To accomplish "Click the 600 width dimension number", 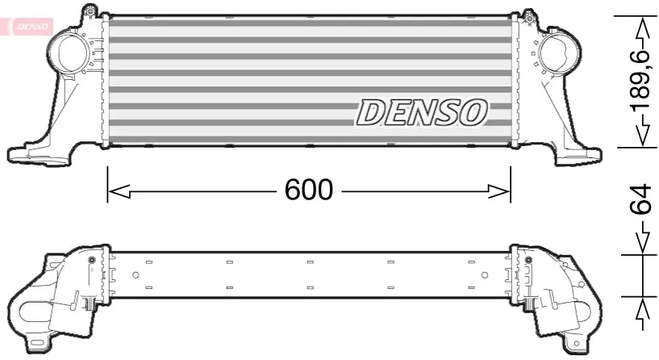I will point(308,190).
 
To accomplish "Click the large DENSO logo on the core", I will point(422,112).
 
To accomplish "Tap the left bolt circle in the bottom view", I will point(91,260).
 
